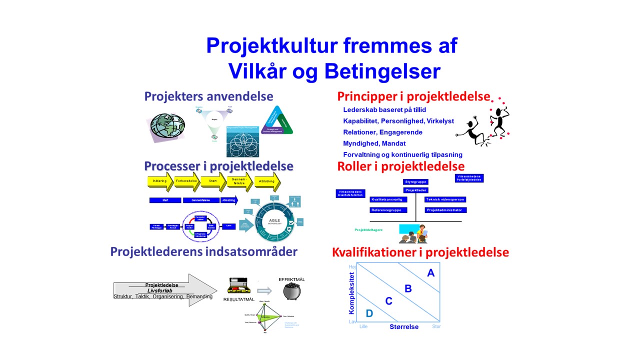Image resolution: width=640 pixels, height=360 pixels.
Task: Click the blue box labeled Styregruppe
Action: point(415,182)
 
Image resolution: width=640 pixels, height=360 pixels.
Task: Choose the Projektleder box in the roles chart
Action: point(415,190)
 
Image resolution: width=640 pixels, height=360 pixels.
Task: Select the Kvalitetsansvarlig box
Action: point(388,199)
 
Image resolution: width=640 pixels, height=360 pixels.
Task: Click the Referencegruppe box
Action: point(388,210)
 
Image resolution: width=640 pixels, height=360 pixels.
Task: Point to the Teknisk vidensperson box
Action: point(445,199)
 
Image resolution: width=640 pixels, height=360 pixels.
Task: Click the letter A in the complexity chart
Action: point(430,273)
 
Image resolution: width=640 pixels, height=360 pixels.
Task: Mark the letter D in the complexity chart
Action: point(369,313)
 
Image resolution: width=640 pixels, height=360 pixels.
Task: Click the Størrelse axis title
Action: point(404,327)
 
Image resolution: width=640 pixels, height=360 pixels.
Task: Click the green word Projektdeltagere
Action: point(368,230)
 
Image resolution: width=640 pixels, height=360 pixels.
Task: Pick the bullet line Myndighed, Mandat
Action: point(374,143)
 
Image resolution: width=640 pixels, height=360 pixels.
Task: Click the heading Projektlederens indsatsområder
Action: point(203,252)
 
